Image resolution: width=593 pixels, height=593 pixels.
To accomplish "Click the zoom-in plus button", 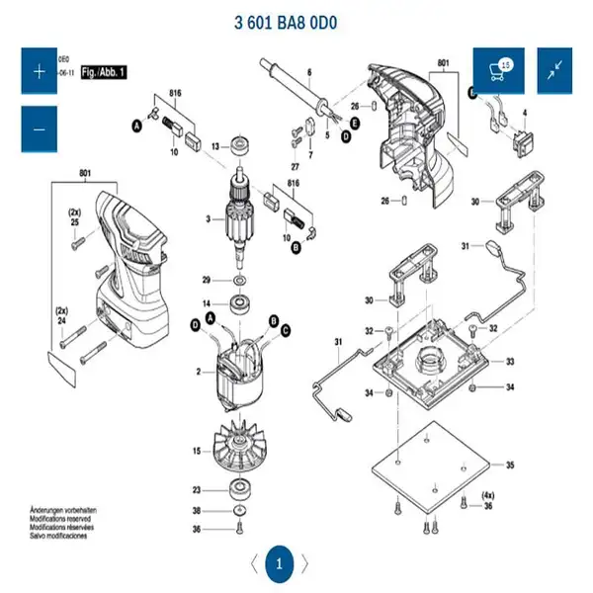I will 40,71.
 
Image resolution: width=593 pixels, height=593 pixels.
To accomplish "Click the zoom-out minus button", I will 40,128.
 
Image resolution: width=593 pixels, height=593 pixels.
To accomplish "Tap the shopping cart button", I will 498,71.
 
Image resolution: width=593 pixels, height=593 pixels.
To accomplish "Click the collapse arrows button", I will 555,71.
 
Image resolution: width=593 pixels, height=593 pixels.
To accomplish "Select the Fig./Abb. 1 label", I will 103,72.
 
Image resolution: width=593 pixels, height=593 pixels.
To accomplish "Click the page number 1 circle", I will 279,565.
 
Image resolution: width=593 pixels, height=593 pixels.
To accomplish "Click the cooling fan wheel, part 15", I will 238,451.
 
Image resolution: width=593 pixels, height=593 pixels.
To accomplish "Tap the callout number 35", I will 510,465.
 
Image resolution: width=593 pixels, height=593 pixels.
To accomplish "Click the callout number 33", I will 510,363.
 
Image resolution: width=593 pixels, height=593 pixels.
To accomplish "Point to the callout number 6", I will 308,72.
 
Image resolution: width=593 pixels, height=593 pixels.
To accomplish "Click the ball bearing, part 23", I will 239,488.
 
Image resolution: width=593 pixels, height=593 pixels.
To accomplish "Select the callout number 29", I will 207,279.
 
